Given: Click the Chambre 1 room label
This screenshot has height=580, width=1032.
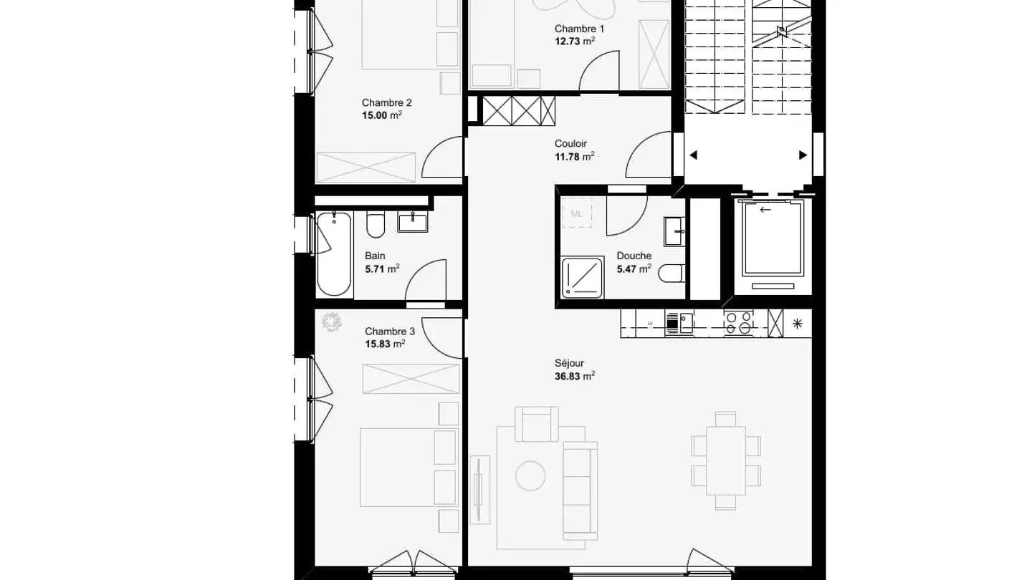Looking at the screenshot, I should pos(579,29).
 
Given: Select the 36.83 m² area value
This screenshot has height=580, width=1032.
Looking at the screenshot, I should pos(575,376).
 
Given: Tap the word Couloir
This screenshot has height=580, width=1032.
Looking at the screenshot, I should pos(570,144).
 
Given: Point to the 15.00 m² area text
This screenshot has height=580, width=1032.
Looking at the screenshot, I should pos(381,115).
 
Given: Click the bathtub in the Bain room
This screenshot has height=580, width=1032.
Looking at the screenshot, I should pos(334,253).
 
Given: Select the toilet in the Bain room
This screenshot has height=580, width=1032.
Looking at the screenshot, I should pos(376,225).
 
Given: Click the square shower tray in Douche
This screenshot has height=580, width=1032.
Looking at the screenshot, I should pos(582,277).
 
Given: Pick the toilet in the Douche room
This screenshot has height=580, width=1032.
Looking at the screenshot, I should pos(672,274).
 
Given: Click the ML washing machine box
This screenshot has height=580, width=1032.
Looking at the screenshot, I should pos(577,213).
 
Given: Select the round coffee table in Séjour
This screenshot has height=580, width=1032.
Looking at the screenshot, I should pos(530,475).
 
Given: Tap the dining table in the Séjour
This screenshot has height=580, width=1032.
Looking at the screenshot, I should pos(725,460).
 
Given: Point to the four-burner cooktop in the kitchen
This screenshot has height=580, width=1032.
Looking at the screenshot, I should pos(739,323).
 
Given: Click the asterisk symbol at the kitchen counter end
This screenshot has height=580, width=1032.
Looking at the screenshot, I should pos(797,324).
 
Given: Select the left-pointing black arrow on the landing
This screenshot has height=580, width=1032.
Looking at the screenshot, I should pos(693,155).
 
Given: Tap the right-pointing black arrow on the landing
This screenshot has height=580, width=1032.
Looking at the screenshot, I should pos(803,155).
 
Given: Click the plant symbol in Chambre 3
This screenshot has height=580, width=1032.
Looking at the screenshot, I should pos(332,322).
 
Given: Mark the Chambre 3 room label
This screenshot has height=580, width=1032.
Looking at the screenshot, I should pos(389,332).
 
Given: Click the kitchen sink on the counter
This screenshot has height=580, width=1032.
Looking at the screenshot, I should pos(679,323).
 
